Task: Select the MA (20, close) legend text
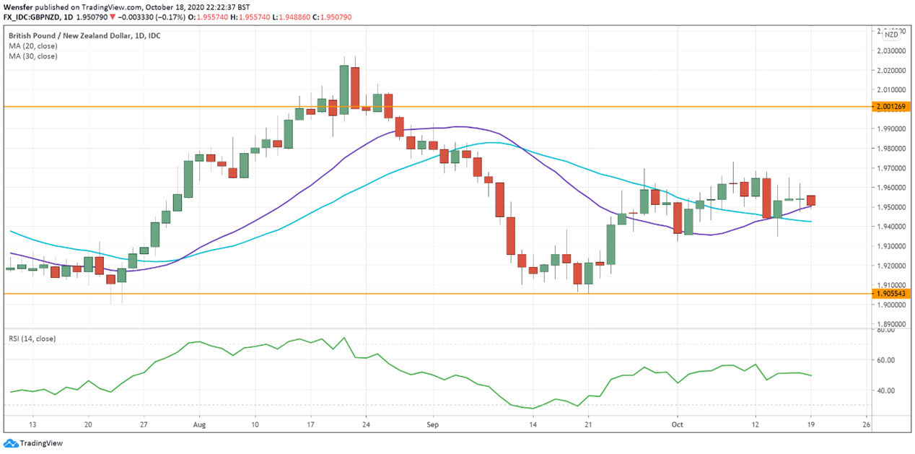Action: tap(33, 45)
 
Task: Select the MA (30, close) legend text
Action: tap(33, 56)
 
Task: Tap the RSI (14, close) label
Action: tap(32, 339)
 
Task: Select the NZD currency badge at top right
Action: tap(892, 34)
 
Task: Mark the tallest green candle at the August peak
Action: tap(344, 89)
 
